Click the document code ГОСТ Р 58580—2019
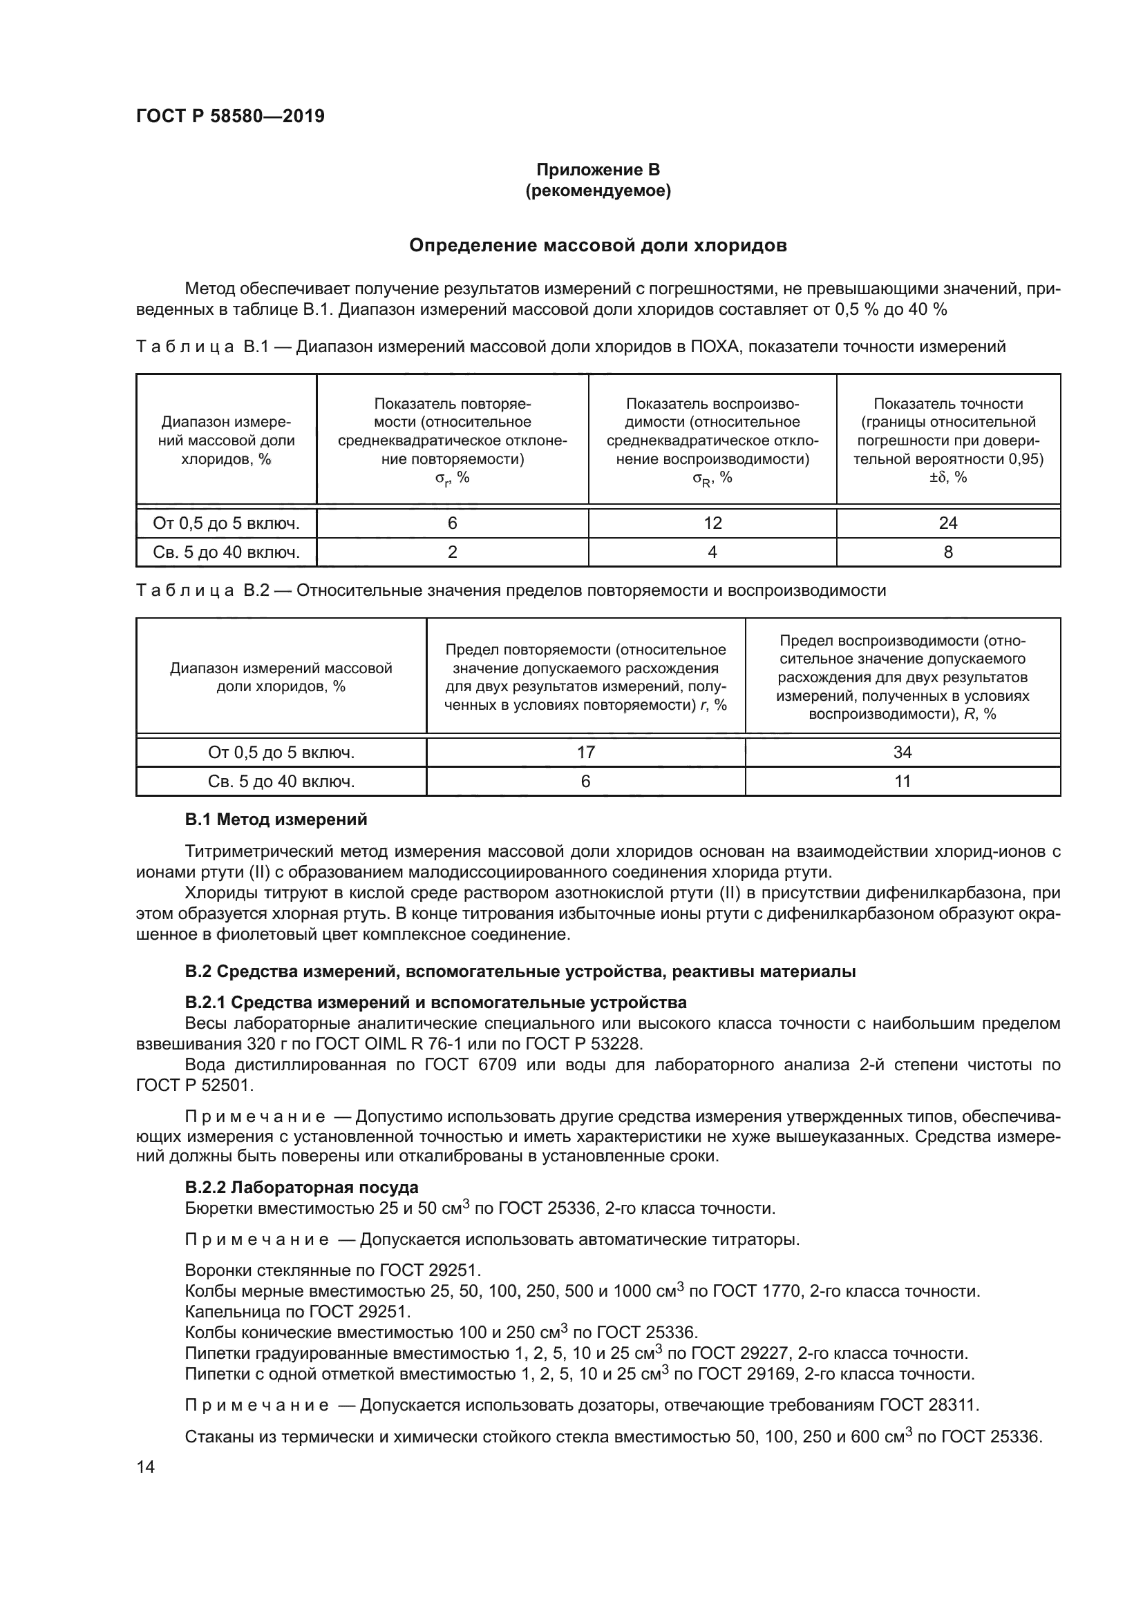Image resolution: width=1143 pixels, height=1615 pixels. pos(230,116)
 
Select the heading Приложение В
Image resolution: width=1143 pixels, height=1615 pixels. pos(598,170)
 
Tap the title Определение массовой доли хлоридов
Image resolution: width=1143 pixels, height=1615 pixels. pos(598,246)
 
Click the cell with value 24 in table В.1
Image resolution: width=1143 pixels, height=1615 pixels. pos(947,523)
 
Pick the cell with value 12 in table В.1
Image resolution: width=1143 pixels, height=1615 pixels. pos(712,523)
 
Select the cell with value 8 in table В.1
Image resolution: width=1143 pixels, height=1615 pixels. pos(947,552)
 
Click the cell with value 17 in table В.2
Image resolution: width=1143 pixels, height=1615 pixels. pos(585,752)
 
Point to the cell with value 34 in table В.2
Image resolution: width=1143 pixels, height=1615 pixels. pos(903,752)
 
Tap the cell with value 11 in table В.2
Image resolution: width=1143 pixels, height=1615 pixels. pos(903,781)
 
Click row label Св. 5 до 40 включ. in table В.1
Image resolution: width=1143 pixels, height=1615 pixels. pos(226,552)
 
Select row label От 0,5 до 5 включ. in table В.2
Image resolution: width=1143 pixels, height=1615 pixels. pos(281,752)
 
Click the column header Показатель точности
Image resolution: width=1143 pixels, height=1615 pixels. pos(947,404)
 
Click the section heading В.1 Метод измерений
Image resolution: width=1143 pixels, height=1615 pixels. pos(276,820)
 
